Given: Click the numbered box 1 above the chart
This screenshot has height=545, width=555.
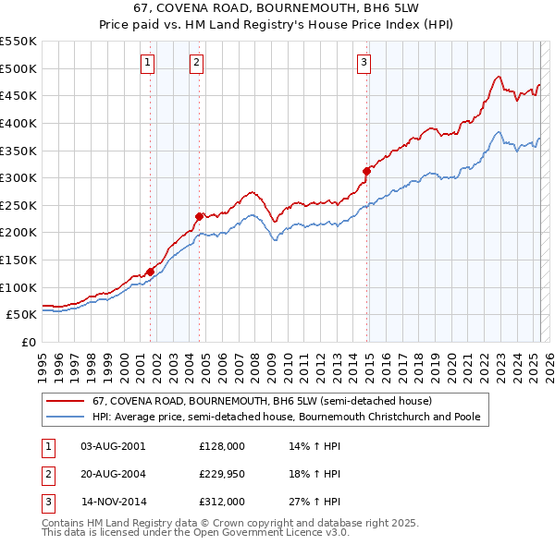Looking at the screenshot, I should click(148, 63).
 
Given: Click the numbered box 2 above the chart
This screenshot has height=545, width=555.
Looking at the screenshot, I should click(197, 63).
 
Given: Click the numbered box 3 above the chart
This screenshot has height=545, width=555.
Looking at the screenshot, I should click(364, 63).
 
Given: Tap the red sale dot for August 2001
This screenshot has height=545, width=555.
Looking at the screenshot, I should click(150, 272).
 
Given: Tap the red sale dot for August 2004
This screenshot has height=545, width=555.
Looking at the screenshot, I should click(199, 216).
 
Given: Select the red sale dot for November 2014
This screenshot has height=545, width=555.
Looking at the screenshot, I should click(366, 171).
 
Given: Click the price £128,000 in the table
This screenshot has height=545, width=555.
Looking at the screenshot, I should click(222, 445).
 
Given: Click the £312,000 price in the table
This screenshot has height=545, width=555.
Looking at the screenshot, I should click(222, 503).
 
